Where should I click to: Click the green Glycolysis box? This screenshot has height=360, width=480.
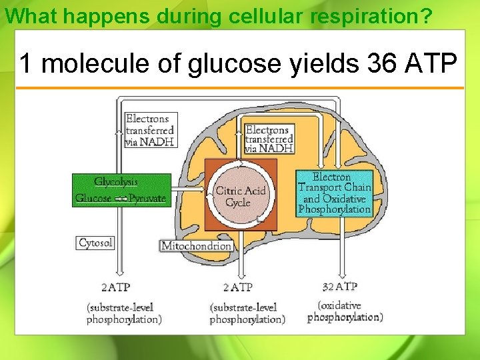point(121,190)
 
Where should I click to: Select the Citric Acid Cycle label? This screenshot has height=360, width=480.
point(240,197)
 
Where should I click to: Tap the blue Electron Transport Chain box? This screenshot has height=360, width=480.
point(334,193)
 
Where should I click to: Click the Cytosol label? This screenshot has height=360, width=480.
point(95,243)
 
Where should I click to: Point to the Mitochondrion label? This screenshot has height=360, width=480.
point(196,246)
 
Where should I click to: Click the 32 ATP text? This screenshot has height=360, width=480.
point(340,287)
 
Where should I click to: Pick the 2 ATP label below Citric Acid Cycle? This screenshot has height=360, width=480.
point(237,287)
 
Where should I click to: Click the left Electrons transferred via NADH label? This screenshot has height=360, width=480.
point(151,130)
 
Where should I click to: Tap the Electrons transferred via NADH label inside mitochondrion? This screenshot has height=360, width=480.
point(269,139)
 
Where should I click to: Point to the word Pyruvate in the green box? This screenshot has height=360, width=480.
point(147,199)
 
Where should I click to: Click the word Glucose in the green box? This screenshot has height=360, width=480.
point(93,199)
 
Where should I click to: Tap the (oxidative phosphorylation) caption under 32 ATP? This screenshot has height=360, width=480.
point(345,312)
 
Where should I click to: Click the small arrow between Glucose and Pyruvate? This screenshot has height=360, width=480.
point(121,199)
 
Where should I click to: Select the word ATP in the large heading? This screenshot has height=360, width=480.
point(431,63)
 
